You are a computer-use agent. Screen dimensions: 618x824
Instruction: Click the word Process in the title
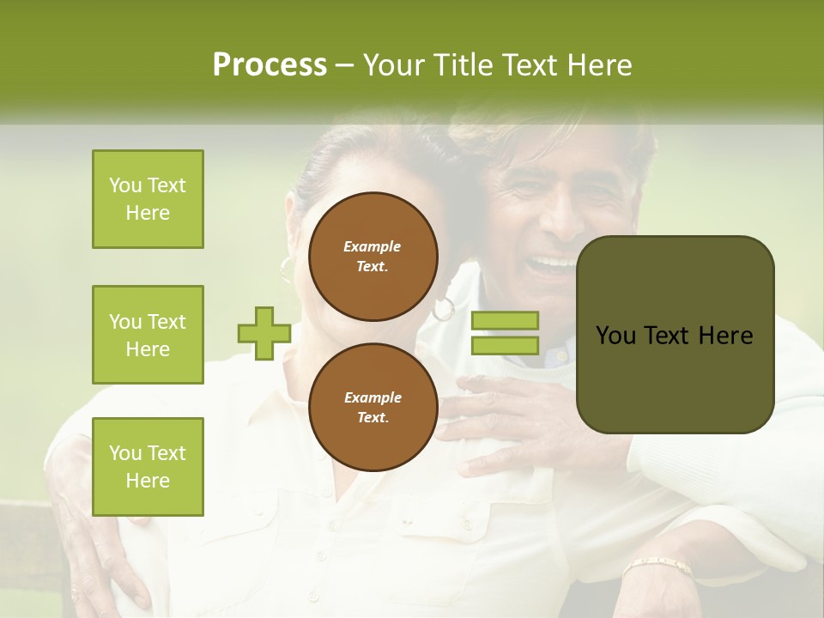270,65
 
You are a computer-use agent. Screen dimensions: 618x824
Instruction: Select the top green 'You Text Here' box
148,199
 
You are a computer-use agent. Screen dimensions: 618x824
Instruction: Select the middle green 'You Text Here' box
148,335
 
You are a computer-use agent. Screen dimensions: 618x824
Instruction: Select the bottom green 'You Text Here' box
148,467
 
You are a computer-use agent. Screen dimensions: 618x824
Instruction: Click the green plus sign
264,333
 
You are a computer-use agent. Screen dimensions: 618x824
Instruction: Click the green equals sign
505,333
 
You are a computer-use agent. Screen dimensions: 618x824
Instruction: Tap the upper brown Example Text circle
373,257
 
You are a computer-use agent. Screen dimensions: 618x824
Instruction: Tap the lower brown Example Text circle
373,408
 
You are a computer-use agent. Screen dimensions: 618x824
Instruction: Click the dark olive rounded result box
675,335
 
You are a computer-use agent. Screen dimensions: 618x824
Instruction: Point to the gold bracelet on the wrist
657,566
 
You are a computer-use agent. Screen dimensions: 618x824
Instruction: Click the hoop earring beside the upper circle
444,308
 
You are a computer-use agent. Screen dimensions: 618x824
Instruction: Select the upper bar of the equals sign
505,321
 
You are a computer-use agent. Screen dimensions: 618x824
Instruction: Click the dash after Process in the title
344,65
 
